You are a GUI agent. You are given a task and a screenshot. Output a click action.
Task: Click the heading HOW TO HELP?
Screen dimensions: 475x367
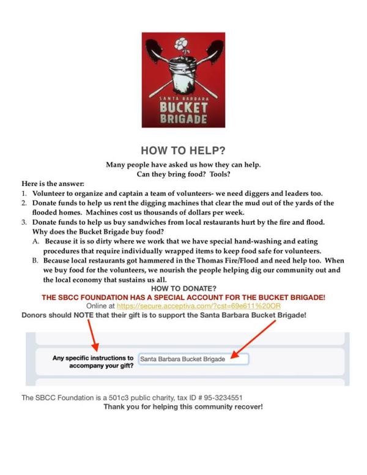183,151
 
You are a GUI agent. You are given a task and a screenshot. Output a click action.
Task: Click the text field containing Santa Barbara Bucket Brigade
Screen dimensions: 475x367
193,359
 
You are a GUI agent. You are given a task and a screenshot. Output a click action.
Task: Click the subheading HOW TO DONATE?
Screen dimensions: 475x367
183,288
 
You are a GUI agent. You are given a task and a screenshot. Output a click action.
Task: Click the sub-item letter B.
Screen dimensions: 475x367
36,260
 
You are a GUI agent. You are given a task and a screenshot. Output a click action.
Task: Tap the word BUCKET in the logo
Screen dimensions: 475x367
183,106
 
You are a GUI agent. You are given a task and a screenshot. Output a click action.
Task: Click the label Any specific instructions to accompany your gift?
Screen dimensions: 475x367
93,361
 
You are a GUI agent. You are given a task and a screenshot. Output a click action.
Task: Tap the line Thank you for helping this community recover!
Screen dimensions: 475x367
183,406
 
